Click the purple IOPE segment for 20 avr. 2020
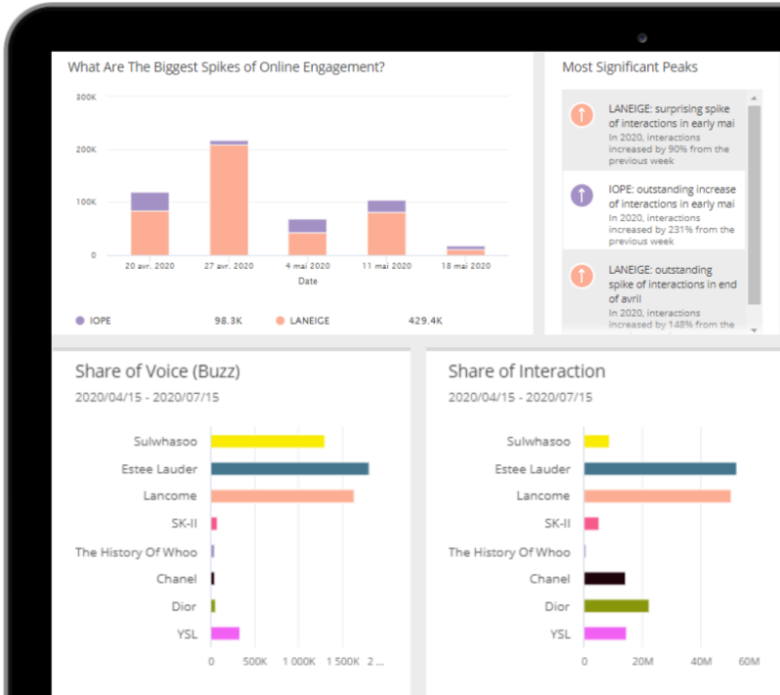coord(149,202)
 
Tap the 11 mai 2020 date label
coord(386,265)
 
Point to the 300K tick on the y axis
coord(86,97)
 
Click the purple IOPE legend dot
coord(80,320)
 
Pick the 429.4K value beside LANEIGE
coord(425,320)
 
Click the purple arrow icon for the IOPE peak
coord(582,195)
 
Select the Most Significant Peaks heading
coord(630,67)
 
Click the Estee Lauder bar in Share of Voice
coord(290,469)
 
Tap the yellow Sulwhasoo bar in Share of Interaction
coord(596,442)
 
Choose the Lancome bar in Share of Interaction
coord(657,496)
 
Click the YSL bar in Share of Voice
coord(225,634)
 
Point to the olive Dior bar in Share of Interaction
coord(616,606)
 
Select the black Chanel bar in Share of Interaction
coord(604,579)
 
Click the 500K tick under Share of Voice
coord(254,662)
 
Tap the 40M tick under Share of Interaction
coord(701,662)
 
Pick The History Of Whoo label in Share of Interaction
coord(509,552)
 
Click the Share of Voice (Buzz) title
coord(157,371)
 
